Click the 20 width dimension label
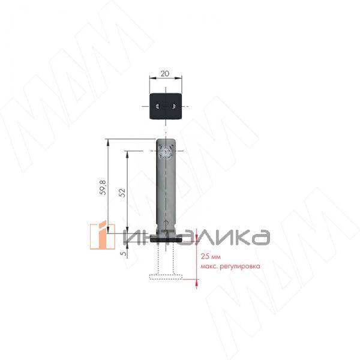point(165,73)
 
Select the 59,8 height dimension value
point(103,188)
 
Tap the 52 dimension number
point(122,193)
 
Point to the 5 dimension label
point(124,253)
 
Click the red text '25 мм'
point(211,256)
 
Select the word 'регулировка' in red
point(240,266)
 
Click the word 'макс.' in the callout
point(209,266)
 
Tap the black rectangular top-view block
point(166,106)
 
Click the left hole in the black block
point(157,106)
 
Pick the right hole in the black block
point(173,106)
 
